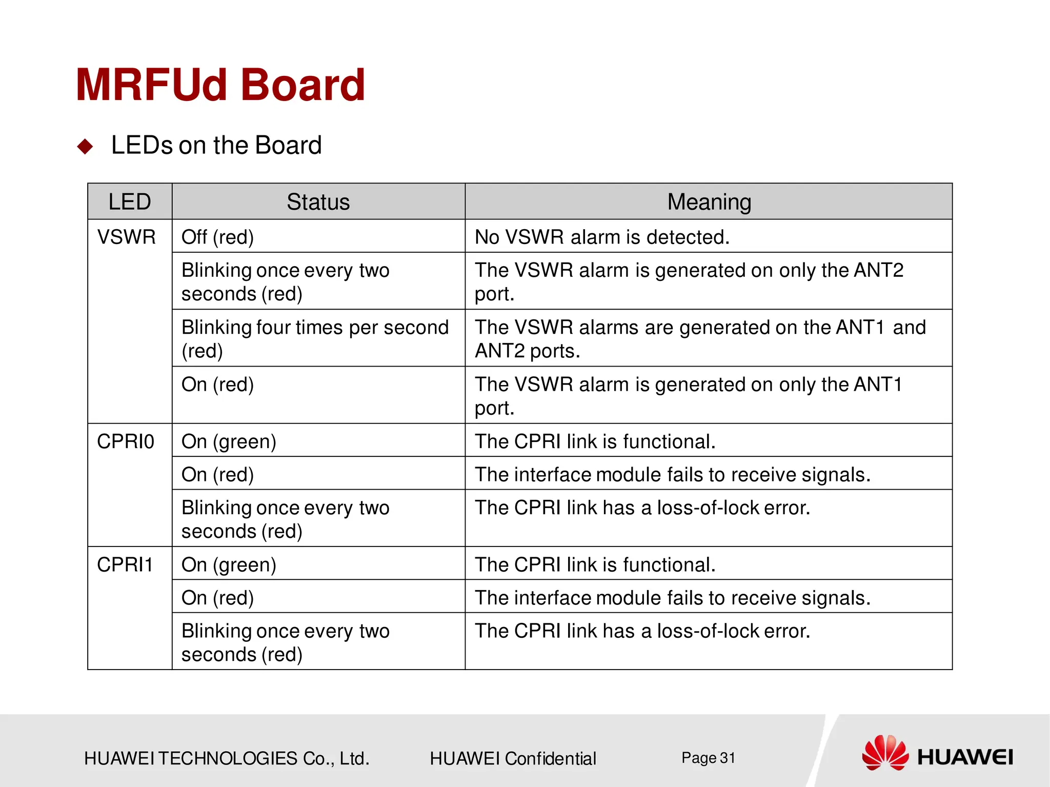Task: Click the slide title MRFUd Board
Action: pyautogui.click(x=220, y=85)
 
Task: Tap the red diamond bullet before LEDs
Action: pyautogui.click(x=85, y=147)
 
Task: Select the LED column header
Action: pyautogui.click(x=130, y=201)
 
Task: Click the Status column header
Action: pyautogui.click(x=318, y=201)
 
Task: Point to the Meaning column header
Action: pyautogui.click(x=709, y=201)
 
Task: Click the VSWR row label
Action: pyautogui.click(x=126, y=237)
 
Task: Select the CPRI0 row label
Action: pyautogui.click(x=126, y=441)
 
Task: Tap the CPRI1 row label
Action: pyautogui.click(x=125, y=564)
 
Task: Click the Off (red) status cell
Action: pyautogui.click(x=217, y=237)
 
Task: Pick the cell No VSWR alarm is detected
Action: pyautogui.click(x=602, y=237)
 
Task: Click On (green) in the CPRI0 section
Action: pyautogui.click(x=229, y=441)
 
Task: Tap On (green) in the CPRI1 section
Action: pyautogui.click(x=229, y=564)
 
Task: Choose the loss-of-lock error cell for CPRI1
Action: pyautogui.click(x=642, y=631)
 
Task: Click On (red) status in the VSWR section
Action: pyautogui.click(x=217, y=385)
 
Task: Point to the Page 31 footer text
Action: pyautogui.click(x=708, y=758)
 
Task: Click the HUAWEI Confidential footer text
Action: pyautogui.click(x=513, y=758)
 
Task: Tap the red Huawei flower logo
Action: pyautogui.click(x=885, y=753)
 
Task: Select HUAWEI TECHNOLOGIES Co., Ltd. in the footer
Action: pyautogui.click(x=227, y=758)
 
